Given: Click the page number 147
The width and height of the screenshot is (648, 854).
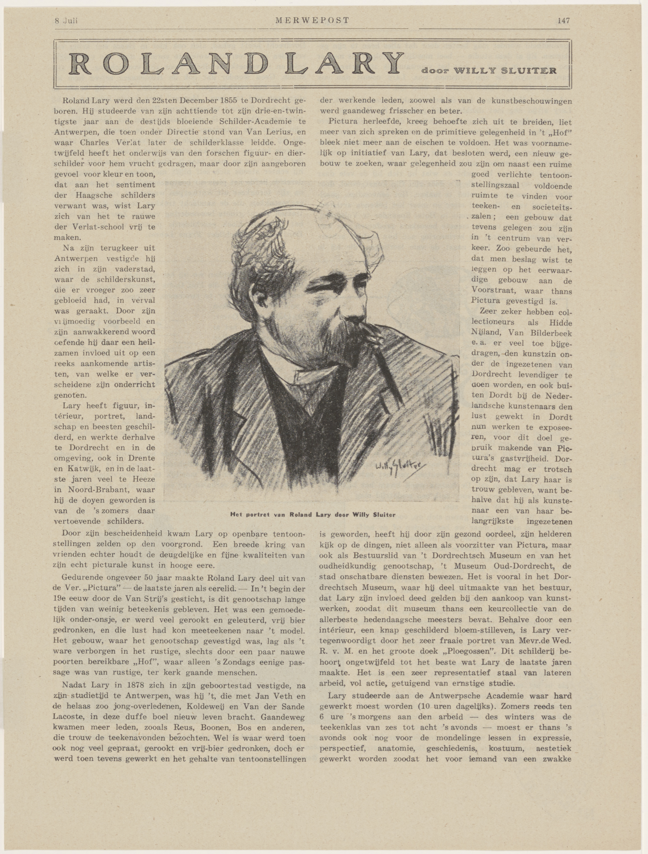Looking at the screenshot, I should point(564,21).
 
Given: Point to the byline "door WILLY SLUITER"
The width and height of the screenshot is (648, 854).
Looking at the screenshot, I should point(489,71).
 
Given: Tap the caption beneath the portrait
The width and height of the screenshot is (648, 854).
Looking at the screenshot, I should point(313,515).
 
